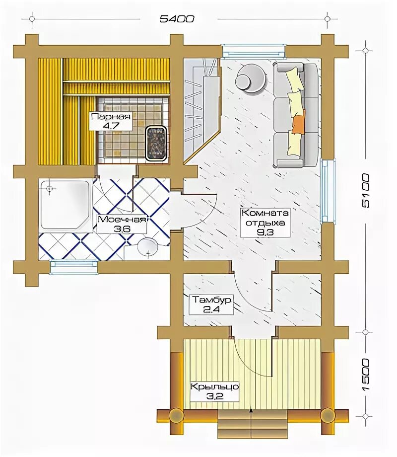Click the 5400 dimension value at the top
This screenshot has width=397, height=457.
pyautogui.click(x=177, y=19)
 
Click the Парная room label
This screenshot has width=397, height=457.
pyautogui.click(x=110, y=117)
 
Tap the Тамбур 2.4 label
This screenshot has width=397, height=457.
pyautogui.click(x=211, y=305)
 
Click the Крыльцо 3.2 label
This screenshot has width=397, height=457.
pyautogui.click(x=215, y=391)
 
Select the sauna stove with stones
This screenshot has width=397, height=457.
pyautogui.click(x=156, y=144)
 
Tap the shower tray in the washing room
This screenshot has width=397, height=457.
pyautogui.click(x=65, y=205)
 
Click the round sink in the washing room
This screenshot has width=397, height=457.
pyautogui.click(x=147, y=248)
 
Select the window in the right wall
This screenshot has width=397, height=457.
pyautogui.click(x=328, y=191)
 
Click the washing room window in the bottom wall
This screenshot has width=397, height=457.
pyautogui.click(x=73, y=267)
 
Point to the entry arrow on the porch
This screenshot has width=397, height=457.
pyautogui.click(x=251, y=411)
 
